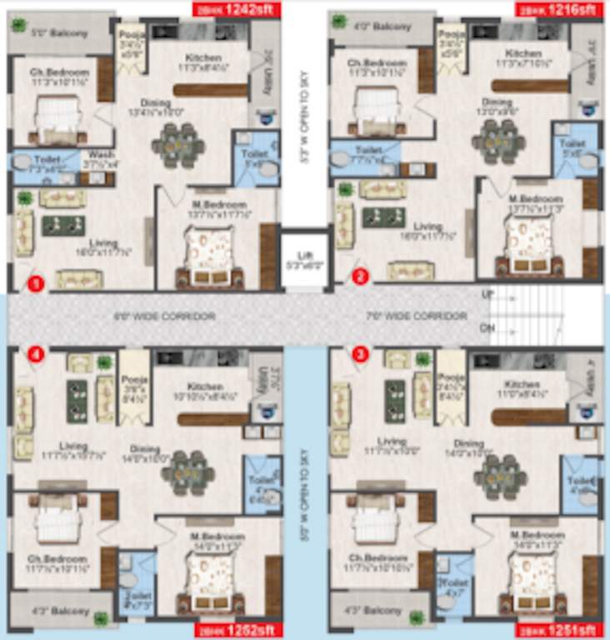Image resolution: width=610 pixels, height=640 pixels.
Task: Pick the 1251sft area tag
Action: [557, 630]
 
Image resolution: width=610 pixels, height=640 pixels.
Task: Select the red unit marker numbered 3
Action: [360, 353]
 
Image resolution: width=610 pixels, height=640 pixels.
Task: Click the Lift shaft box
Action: [302, 261]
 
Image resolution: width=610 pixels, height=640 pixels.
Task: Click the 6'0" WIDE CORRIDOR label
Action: [164, 317]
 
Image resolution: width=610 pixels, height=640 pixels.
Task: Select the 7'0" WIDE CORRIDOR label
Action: [417, 317]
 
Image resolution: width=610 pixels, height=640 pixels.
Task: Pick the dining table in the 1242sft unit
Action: [177, 144]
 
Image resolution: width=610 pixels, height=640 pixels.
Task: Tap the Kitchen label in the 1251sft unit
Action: [522, 385]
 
